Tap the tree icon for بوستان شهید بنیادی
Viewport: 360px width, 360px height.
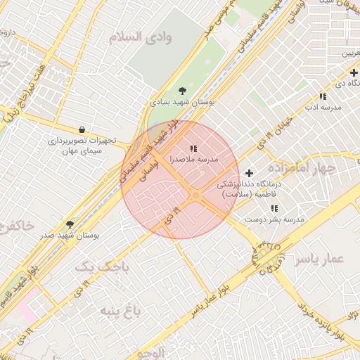point(183,90)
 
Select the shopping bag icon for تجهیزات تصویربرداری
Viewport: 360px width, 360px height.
point(82,129)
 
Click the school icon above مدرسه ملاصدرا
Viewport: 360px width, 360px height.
point(193,148)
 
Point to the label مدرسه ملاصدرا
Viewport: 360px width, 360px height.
point(193,160)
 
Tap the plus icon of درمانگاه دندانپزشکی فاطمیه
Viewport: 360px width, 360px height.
point(248,173)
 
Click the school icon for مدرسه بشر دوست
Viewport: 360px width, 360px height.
point(274,208)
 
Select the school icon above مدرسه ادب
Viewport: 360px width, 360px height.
point(323,96)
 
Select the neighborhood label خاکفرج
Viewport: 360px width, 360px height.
point(14,226)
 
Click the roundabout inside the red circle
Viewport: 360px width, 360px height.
point(195,196)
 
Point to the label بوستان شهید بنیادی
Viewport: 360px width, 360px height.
point(181,102)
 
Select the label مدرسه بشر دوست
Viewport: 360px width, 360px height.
point(274,219)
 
